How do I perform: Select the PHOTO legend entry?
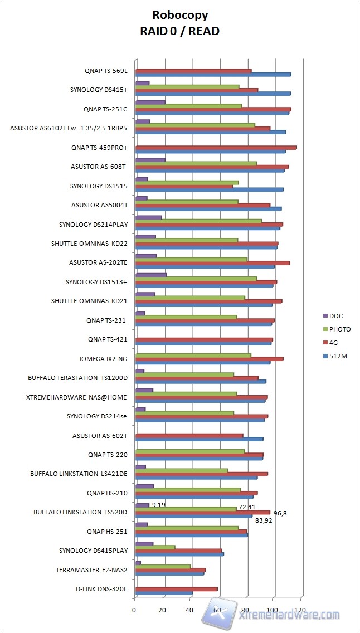pyautogui.click(x=340, y=329)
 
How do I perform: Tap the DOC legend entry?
pyautogui.click(x=337, y=316)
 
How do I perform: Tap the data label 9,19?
pyautogui.click(x=158, y=505)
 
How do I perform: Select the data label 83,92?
pyautogui.click(x=264, y=520)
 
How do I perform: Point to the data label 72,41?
pyautogui.click(x=247, y=507)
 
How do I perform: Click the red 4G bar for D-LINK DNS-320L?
pyautogui.click(x=176, y=588)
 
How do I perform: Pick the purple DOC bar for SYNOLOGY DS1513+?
pyautogui.click(x=151, y=275)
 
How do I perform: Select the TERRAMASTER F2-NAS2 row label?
pyautogui.click(x=91, y=570)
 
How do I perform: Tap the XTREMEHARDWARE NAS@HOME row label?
pyautogui.click(x=76, y=397)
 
